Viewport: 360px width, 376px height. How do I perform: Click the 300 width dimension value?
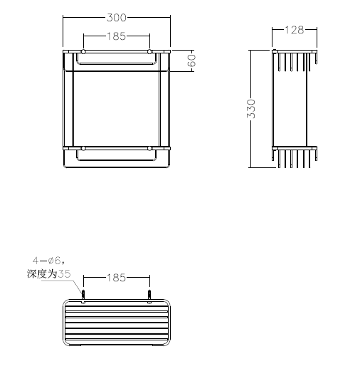point(117,18)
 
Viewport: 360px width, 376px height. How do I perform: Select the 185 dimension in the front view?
point(116,36)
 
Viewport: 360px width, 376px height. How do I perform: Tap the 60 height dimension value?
point(191,61)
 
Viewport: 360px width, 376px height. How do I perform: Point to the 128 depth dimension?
point(295,30)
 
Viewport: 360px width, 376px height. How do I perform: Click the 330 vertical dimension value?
point(251,109)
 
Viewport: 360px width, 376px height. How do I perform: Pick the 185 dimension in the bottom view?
point(116,278)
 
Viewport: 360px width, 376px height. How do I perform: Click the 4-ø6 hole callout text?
point(48,261)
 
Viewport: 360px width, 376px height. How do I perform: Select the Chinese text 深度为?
point(42,274)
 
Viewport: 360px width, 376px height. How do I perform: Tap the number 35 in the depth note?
point(65,274)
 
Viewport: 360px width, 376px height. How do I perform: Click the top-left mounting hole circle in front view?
point(83,51)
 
